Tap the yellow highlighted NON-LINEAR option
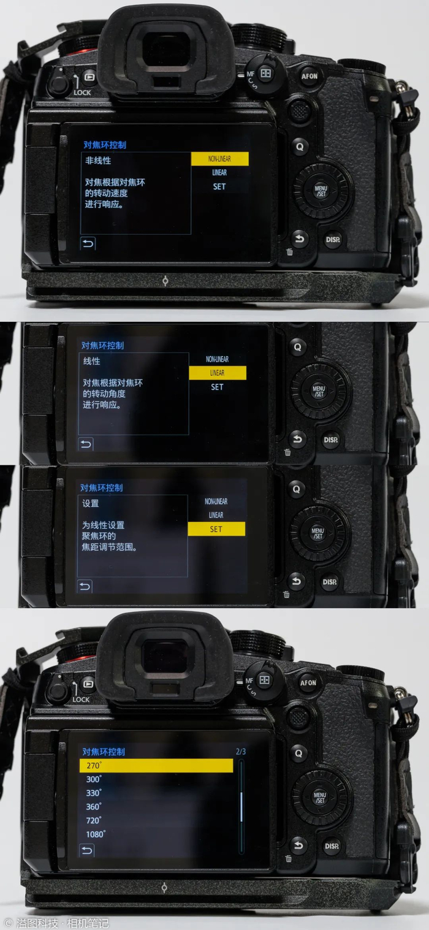click(219, 159)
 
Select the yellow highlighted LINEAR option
click(218, 373)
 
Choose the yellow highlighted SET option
click(216, 529)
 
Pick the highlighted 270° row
click(156, 765)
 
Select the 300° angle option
click(94, 779)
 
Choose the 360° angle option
click(94, 807)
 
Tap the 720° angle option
click(94, 820)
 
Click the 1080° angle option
click(96, 834)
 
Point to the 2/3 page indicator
click(241, 752)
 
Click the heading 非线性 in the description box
click(98, 161)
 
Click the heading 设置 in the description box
click(91, 503)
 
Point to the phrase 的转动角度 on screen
click(104, 394)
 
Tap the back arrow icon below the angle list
click(86, 850)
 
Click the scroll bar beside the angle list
click(241, 806)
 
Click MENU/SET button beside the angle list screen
click(320, 798)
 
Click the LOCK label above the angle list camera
click(81, 699)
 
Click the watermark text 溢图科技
click(37, 923)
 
